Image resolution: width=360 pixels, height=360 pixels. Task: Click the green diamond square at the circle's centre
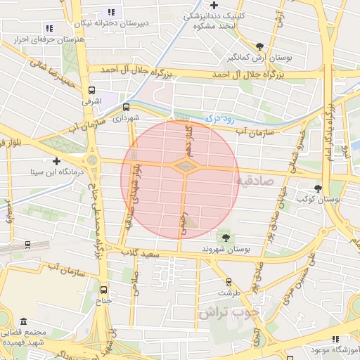(x=185, y=167)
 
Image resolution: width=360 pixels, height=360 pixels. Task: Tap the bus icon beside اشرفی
(x=92, y=90)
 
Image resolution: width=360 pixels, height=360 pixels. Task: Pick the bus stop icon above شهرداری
(x=126, y=107)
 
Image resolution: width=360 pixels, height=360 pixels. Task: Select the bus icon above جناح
(x=104, y=290)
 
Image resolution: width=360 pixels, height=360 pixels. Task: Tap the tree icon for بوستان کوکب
(x=319, y=188)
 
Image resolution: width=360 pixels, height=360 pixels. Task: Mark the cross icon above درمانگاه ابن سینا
(x=56, y=161)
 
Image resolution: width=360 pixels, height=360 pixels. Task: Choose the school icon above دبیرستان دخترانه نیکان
(x=110, y=12)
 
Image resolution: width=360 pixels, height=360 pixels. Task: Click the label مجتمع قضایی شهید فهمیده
(x=25, y=336)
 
